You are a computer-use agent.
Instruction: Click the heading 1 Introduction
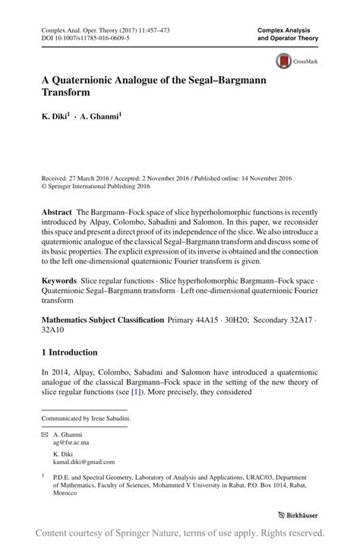70,352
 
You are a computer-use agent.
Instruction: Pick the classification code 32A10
53,331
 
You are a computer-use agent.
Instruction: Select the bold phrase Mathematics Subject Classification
103,320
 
